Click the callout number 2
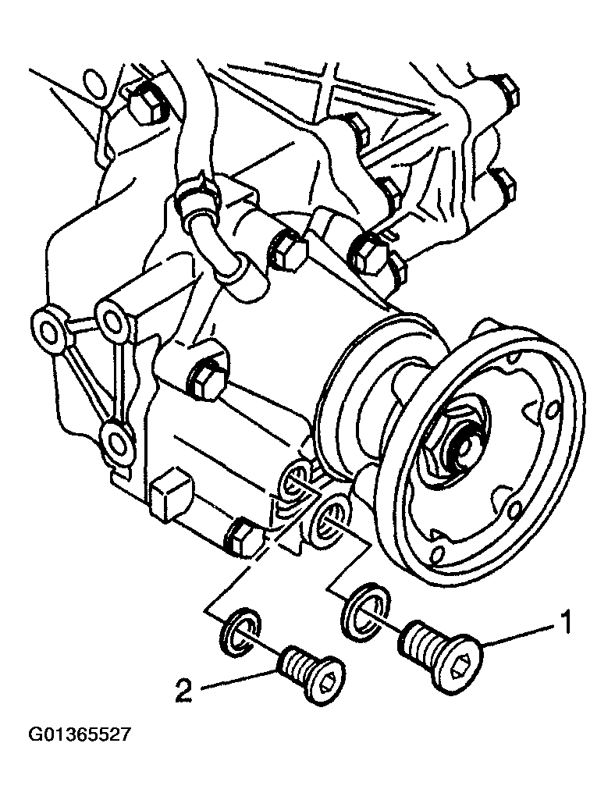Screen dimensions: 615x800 (183, 690)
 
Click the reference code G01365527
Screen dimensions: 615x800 (79, 734)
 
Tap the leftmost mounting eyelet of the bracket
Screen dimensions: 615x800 (48, 332)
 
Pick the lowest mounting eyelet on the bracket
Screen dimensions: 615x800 (116, 440)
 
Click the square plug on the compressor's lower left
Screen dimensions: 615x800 (170, 495)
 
